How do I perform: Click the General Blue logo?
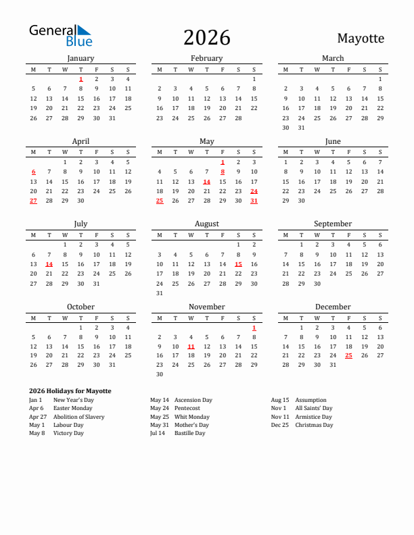coord(60,36)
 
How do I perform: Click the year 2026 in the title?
coord(207,38)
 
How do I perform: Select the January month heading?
coord(80,58)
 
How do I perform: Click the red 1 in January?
coord(80,79)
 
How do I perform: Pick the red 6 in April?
coord(33,172)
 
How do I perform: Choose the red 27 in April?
coord(33,201)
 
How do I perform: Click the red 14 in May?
coord(206,182)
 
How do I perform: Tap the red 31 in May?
coord(254,201)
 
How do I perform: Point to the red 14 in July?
coord(49,264)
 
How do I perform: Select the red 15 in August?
coord(238,264)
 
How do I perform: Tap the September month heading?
coord(333,224)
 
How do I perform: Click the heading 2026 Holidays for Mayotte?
coord(70,391)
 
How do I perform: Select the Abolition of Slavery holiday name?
coord(78,417)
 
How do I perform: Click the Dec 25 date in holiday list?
coord(279,425)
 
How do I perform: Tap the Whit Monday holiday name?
coord(191,417)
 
